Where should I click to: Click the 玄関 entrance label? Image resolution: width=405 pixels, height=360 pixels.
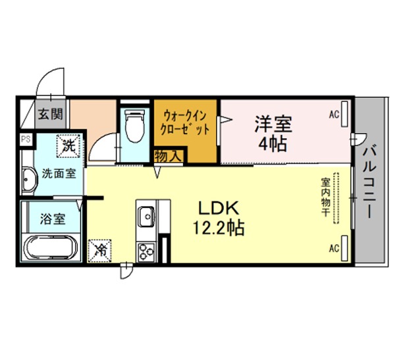click(50, 114)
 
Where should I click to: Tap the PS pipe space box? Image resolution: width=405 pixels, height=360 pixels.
click(26, 140)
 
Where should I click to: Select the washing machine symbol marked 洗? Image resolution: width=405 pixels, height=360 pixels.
click(68, 146)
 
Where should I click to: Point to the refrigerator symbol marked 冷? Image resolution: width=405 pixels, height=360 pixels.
click(99, 251)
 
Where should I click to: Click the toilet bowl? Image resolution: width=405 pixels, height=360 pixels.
click(134, 126)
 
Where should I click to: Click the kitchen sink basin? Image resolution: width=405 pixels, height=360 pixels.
click(146, 217)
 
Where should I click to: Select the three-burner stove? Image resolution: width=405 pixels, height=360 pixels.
click(146, 252)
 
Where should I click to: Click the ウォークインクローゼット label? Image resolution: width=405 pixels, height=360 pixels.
click(184, 122)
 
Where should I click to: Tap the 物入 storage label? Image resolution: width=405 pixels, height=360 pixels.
click(168, 156)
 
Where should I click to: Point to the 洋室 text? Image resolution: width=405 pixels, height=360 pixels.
click(273, 124)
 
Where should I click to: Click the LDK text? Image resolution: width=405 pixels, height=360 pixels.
click(218, 209)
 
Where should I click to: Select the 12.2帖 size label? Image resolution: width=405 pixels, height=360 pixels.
click(219, 228)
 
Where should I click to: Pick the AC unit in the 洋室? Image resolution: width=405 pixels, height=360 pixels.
click(344, 114)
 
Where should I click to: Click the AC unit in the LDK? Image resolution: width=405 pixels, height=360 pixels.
click(344, 248)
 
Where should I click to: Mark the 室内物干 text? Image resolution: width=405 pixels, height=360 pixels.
click(326, 197)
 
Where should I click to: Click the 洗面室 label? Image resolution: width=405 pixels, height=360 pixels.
click(59, 174)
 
